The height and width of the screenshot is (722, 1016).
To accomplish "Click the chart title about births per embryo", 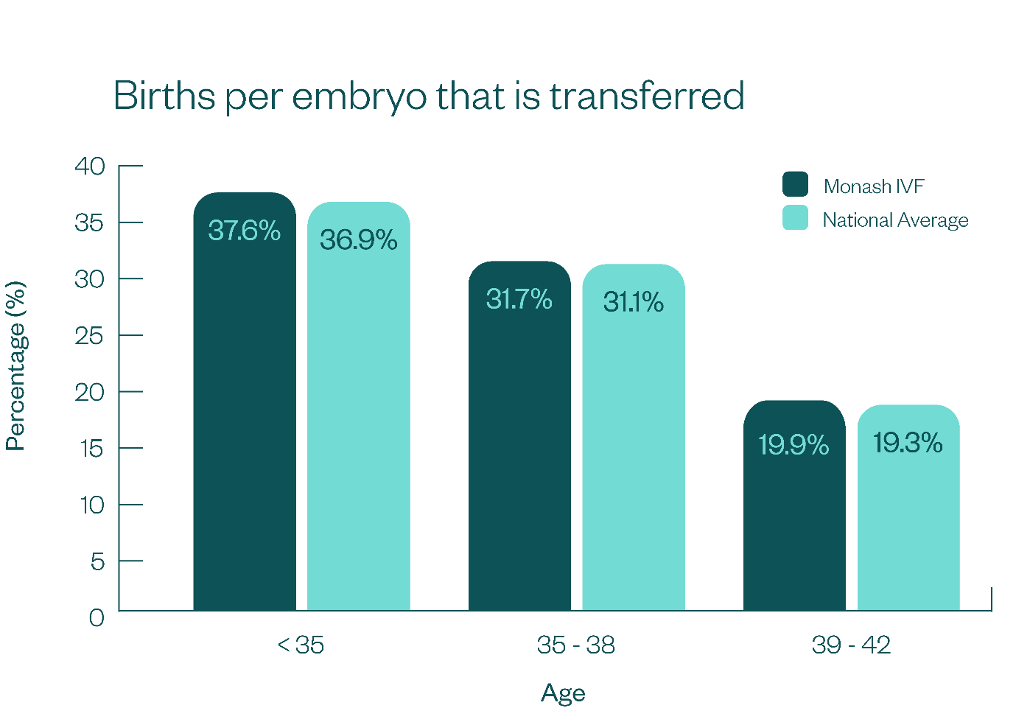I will click(x=429, y=97).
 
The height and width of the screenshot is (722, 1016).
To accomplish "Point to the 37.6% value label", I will click(x=244, y=231).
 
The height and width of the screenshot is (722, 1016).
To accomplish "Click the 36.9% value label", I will click(x=358, y=240).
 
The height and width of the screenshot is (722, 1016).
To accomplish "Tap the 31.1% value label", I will click(x=633, y=302).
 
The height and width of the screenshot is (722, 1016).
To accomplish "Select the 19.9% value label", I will click(x=793, y=445).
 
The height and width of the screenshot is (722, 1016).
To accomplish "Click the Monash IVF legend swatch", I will click(x=795, y=184).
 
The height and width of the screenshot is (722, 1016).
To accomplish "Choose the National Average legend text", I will click(x=895, y=220).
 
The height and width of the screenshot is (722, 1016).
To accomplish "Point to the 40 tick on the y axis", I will click(x=90, y=166).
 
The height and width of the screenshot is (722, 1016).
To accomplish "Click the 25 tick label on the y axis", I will click(x=90, y=336).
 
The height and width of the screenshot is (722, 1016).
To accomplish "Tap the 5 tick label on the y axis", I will click(x=97, y=562).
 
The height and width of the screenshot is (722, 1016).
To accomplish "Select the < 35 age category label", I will click(x=301, y=645).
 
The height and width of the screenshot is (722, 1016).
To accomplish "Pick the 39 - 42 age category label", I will click(x=851, y=645).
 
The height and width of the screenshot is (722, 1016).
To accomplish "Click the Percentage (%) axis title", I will click(x=15, y=366).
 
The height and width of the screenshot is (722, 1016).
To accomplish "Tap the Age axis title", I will click(x=563, y=693).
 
